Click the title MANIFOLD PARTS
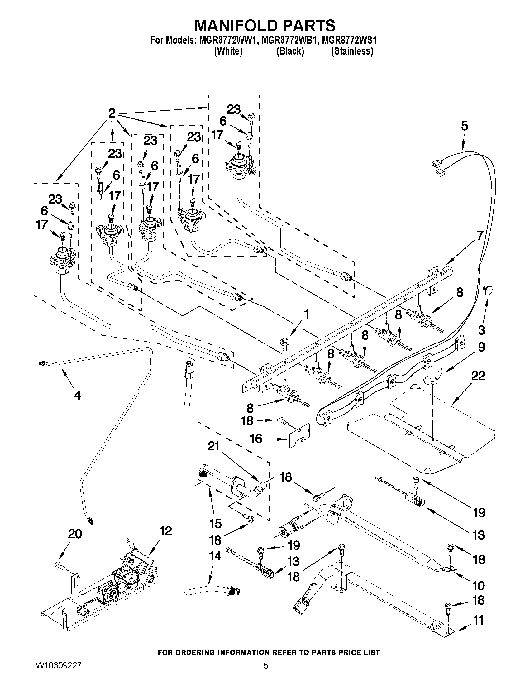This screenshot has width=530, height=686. (265, 26)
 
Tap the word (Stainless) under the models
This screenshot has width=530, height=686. (352, 51)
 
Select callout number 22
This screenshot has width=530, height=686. (478, 376)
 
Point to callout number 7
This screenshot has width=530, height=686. (480, 235)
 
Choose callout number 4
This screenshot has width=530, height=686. (78, 395)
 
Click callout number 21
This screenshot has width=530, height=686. (213, 446)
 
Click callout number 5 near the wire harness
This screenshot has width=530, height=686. (464, 126)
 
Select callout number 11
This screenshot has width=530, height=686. (478, 620)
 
